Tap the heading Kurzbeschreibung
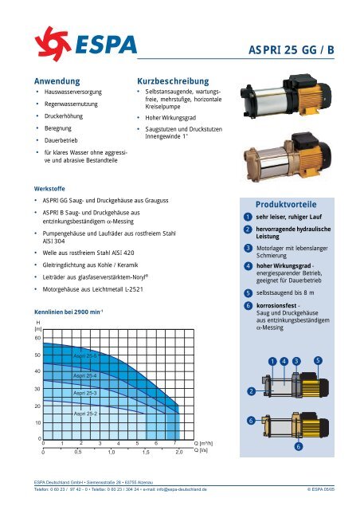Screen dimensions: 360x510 pyautogui.click(x=174, y=81)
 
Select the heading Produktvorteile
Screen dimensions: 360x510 pyautogui.click(x=286, y=203)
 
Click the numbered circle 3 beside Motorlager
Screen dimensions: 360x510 pyautogui.click(x=248, y=249)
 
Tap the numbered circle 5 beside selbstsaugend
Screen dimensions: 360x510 pyautogui.click(x=248, y=292)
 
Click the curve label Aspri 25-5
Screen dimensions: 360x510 pyautogui.click(x=85, y=356)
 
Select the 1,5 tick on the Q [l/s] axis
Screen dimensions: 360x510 pyautogui.click(x=146, y=452)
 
